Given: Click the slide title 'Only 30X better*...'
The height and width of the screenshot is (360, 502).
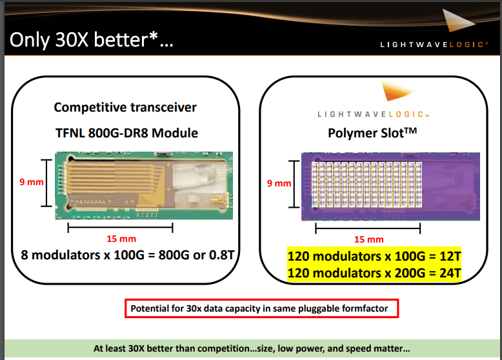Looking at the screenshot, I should [x=91, y=40].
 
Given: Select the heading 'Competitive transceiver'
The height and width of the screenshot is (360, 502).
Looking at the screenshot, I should [x=125, y=107].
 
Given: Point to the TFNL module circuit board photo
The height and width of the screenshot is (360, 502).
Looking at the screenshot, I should [x=142, y=183].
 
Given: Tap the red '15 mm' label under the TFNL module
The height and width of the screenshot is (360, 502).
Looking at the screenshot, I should [x=120, y=239].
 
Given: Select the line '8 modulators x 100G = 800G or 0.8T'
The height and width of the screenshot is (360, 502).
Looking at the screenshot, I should [x=126, y=254].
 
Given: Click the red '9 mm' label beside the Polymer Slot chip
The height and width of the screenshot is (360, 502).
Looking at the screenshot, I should [x=279, y=183].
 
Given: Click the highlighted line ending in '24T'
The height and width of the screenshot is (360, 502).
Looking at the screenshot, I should [x=374, y=273].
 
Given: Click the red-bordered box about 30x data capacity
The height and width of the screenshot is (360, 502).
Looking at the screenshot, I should [x=261, y=308].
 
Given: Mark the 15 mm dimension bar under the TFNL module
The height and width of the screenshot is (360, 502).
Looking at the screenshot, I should [x=120, y=227].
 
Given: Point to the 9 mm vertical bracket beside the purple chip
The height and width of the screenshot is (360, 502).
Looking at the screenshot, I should [x=296, y=183].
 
